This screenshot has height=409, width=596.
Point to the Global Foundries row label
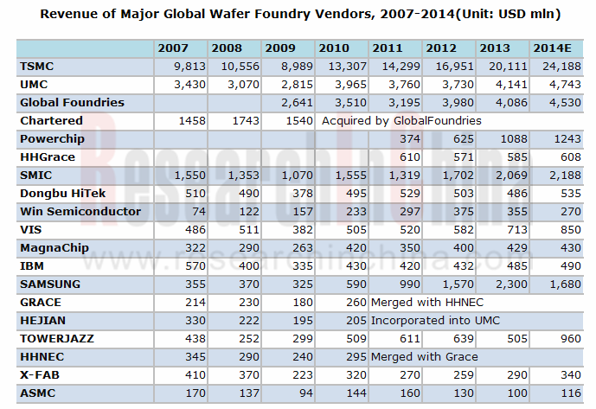coord(72,102)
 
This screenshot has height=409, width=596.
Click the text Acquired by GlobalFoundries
coord(401,120)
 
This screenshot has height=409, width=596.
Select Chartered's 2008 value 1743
coord(233,120)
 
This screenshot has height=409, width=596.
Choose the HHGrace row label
coord(47,157)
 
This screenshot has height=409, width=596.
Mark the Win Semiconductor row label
coord(80,211)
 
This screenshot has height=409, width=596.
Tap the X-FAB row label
coord(39,374)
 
